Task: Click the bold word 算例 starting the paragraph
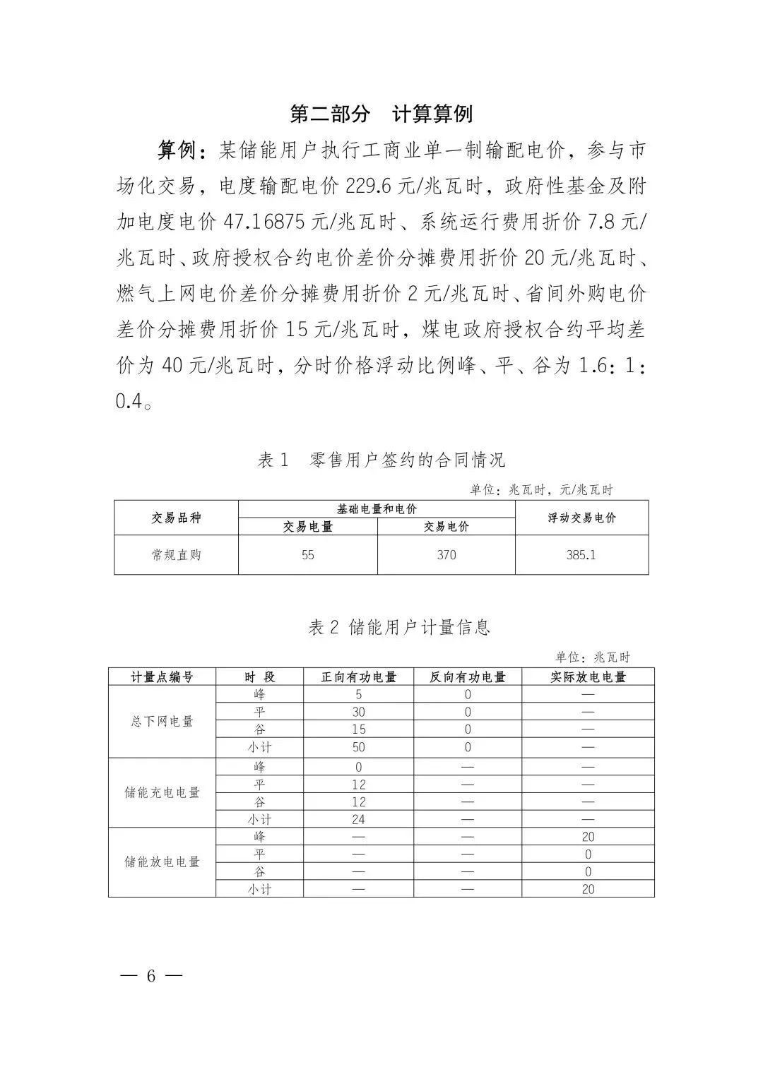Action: click(x=177, y=150)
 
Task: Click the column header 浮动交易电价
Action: click(x=581, y=518)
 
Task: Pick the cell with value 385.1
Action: click(x=581, y=555)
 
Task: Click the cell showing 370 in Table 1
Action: click(x=446, y=555)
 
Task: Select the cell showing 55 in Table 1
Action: click(x=307, y=555)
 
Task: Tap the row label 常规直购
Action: click(x=176, y=555)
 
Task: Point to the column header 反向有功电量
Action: click(x=468, y=676)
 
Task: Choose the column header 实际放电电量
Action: click(x=588, y=676)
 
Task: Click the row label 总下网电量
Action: click(x=162, y=721)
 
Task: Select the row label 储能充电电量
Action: click(x=162, y=792)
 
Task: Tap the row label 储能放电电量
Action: click(x=162, y=862)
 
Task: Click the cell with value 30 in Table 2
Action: click(x=358, y=712)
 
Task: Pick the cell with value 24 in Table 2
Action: click(x=358, y=819)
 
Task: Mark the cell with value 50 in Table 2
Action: click(x=358, y=747)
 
